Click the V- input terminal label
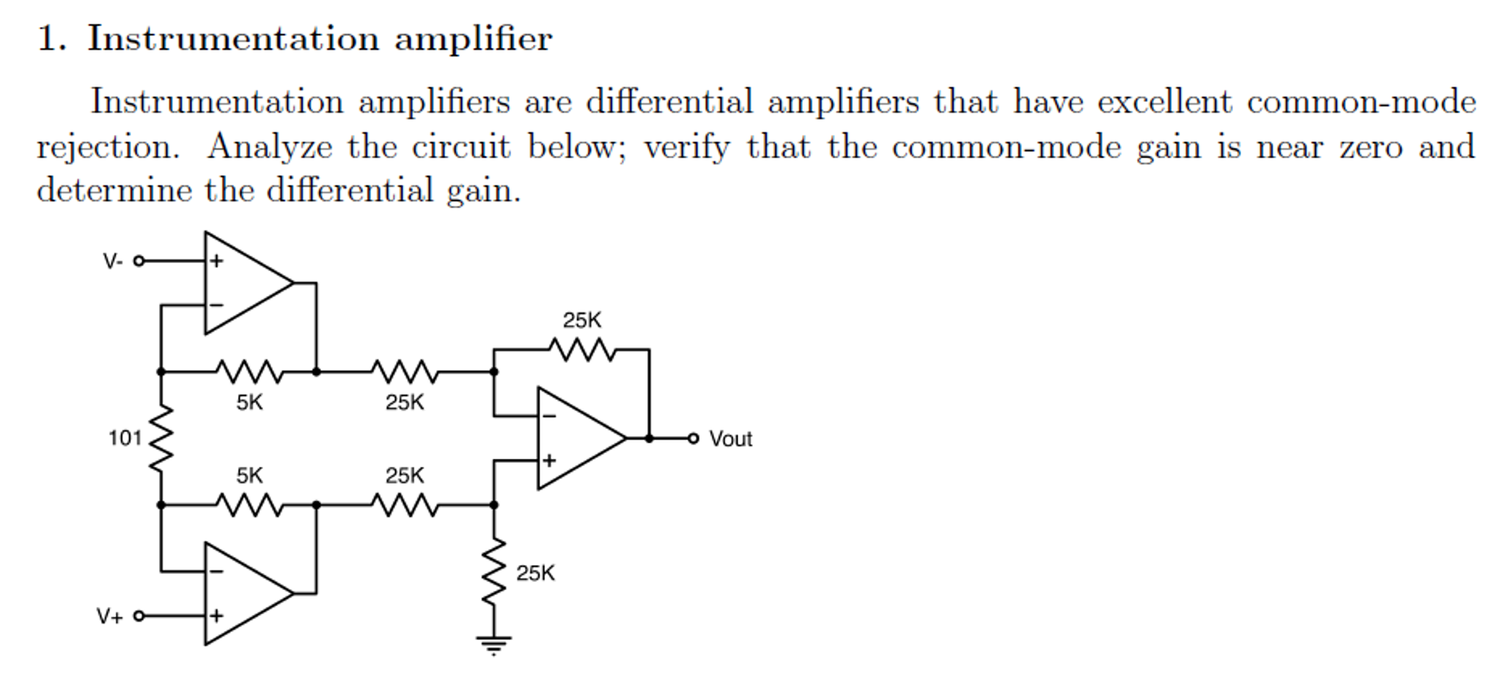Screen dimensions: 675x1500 113,262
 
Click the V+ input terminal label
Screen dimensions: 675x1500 110,616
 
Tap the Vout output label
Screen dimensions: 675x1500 730,439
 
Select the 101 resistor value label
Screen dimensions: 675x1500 125,438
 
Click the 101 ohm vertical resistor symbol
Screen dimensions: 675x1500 161,438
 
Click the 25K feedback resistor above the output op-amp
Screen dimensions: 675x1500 583,350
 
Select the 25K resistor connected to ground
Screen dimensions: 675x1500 493,572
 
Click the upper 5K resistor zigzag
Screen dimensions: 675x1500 249,372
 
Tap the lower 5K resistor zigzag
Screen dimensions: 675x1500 249,505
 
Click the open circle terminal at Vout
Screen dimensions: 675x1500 693,438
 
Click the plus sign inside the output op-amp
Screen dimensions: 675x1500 549,461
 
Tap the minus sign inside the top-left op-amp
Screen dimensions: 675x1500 216,305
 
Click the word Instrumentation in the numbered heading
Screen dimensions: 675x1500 233,38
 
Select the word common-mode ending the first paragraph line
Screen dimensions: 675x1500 1361,102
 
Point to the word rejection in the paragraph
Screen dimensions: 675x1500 108,147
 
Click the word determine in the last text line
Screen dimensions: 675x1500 114,191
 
